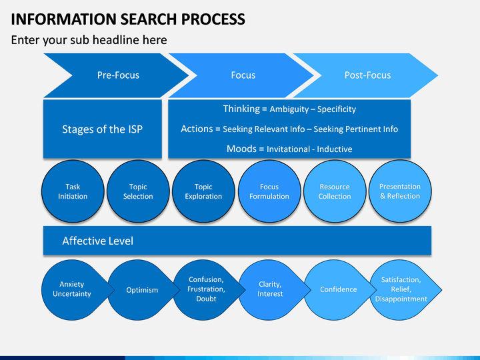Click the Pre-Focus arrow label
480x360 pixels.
pyautogui.click(x=118, y=75)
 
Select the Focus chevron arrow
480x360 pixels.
pyautogui.click(x=242, y=75)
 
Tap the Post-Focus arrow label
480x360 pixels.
pyautogui.click(x=367, y=75)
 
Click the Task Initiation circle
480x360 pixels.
pyautogui.click(x=73, y=191)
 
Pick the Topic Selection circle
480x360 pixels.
pyautogui.click(x=138, y=191)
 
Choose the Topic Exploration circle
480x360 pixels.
pyautogui.click(x=203, y=191)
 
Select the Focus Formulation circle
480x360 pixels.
pyautogui.click(x=269, y=191)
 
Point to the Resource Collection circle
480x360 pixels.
pyautogui.click(x=335, y=191)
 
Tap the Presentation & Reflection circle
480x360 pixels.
pyautogui.click(x=400, y=191)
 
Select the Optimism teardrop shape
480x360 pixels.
pyautogui.click(x=141, y=289)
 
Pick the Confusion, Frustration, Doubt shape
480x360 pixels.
pyautogui.click(x=207, y=289)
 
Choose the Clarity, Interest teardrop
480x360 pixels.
pyautogui.click(x=272, y=289)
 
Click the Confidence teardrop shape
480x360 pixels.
pyautogui.click(x=337, y=289)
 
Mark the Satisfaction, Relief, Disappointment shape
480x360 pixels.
pyautogui.click(x=403, y=289)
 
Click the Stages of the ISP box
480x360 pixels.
pyautogui.click(x=103, y=129)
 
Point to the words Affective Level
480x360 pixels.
pyautogui.click(x=97, y=241)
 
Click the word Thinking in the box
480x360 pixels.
pyautogui.click(x=241, y=109)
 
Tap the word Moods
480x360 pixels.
pyautogui.click(x=241, y=149)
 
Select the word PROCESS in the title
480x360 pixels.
pyautogui.click(x=213, y=19)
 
